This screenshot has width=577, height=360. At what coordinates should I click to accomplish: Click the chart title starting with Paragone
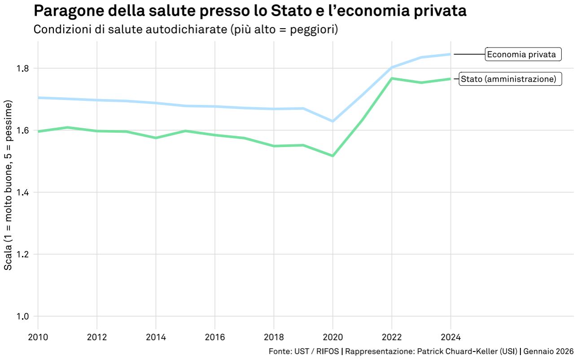tap(250, 11)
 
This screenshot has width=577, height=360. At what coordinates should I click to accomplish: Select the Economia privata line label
tap(522, 55)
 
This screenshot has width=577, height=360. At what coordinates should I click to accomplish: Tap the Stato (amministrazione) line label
tap(509, 79)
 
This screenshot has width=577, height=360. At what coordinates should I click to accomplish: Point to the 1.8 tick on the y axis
tap(22, 69)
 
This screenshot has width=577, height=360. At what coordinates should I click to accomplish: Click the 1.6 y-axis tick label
tap(22, 130)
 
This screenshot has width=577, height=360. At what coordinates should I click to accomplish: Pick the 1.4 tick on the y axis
tap(22, 192)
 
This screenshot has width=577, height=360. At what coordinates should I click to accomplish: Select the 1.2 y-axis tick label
tap(22, 254)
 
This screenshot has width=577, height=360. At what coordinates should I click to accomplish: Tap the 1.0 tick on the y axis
tap(22, 317)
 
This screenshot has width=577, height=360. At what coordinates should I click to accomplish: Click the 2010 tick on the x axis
tap(38, 337)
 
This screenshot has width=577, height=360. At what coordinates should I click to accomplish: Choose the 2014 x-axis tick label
tap(156, 337)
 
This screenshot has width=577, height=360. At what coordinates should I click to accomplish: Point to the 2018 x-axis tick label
tap(274, 337)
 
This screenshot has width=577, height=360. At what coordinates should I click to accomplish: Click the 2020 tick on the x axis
tap(332, 337)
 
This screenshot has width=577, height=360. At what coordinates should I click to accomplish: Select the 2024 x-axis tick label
tap(450, 337)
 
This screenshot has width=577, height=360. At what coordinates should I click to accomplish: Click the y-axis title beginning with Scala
tap(8, 184)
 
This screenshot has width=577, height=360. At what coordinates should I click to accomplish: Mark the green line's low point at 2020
tap(332, 156)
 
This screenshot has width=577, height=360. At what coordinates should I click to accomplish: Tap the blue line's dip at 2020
tap(332, 121)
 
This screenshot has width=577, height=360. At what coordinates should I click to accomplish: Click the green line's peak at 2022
tap(392, 78)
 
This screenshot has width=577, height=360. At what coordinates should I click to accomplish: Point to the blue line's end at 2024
tap(450, 54)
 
